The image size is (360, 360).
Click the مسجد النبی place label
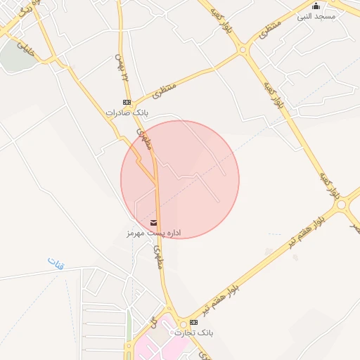[x=316, y=16]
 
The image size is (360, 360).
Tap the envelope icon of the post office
[x=153, y=223]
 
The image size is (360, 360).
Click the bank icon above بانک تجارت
[x=193, y=322]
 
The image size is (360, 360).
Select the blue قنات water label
[x=56, y=264]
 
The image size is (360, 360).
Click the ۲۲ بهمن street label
[x=122, y=67]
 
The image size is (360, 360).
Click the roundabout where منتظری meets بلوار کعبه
[x=243, y=49]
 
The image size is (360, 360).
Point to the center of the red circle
[x=180, y=179]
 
